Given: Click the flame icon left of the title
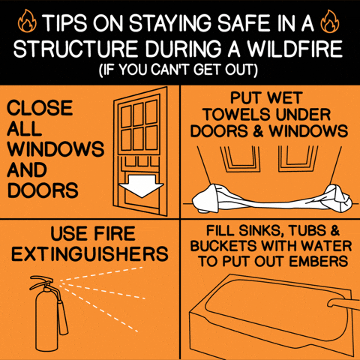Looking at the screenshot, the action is click(x=27, y=21).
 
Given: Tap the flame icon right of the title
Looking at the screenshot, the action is click(x=330, y=21).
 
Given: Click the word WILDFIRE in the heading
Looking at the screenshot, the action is click(x=295, y=48).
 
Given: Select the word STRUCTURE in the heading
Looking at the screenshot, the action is click(x=76, y=48).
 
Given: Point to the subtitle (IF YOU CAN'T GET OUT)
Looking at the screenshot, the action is click(x=178, y=70).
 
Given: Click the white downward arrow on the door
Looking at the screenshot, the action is click(x=142, y=186).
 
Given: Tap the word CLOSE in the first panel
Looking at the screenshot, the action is click(x=40, y=108).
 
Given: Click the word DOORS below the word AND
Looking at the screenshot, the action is click(x=43, y=190).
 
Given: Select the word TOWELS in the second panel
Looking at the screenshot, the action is click(x=237, y=115).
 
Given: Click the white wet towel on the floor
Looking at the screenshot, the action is click(x=271, y=199).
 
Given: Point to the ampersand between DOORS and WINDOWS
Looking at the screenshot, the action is click(x=258, y=131).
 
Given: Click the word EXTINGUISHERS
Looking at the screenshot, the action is click(x=90, y=254).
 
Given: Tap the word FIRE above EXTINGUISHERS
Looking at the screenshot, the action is click(x=115, y=233).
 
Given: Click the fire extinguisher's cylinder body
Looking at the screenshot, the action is click(x=46, y=321).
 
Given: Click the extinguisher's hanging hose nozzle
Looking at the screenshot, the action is click(x=63, y=318).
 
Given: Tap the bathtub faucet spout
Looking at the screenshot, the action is click(x=343, y=304).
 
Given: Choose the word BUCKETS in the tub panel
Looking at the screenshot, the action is click(x=223, y=246).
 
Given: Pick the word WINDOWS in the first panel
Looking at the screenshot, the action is click(x=55, y=149).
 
